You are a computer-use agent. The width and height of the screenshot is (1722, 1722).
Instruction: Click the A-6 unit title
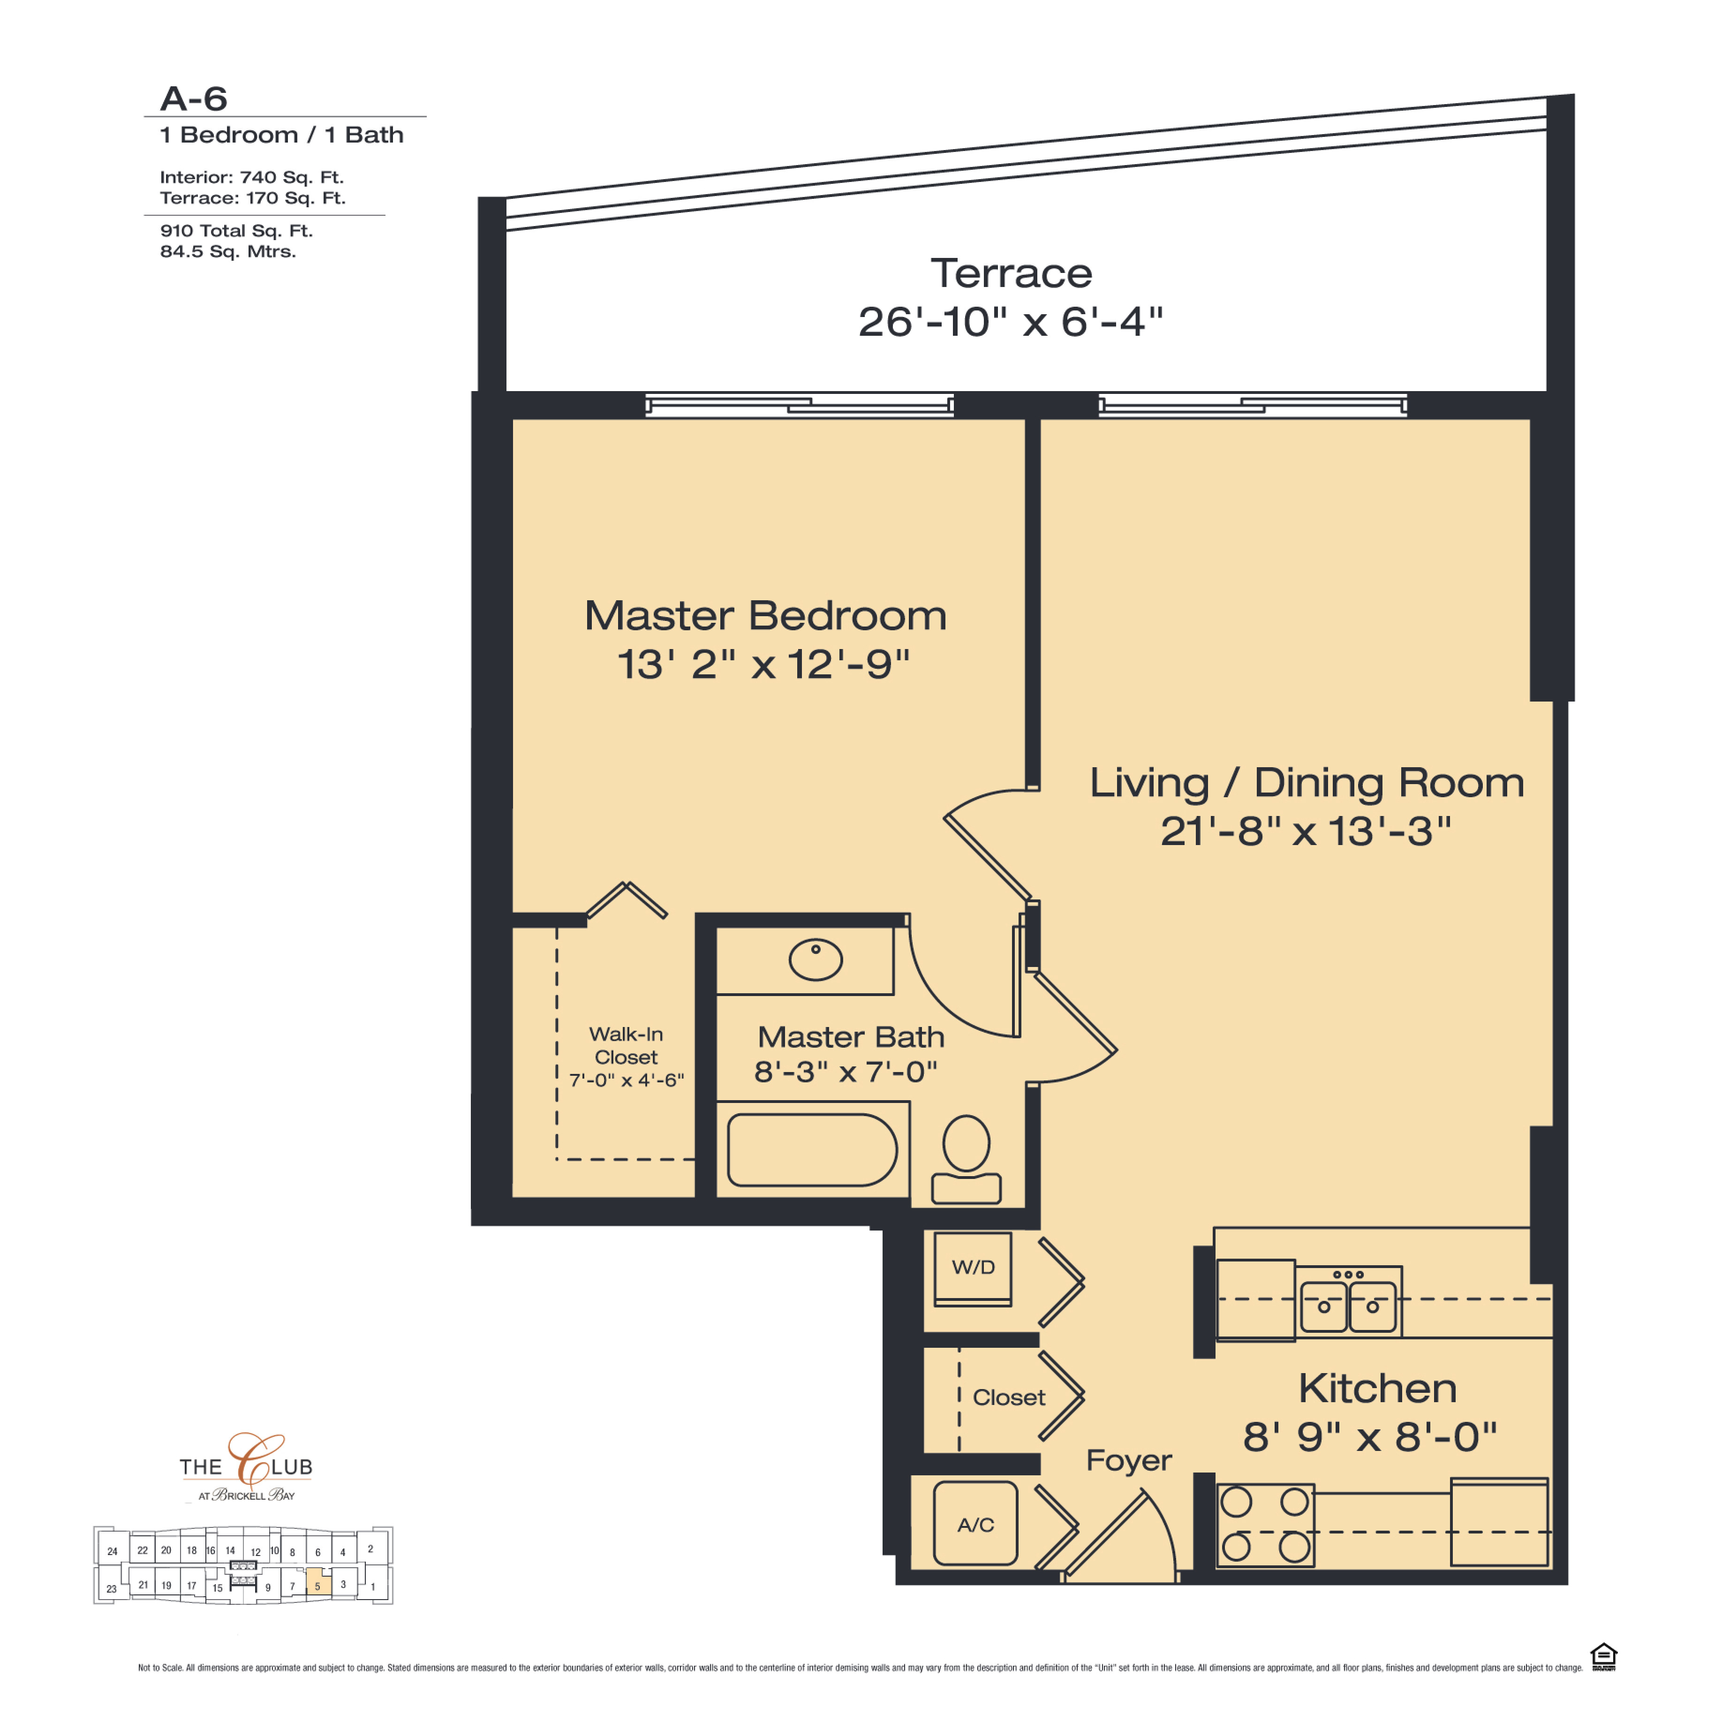[x=193, y=99]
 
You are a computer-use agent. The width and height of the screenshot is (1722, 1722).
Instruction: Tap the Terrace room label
[x=1011, y=273]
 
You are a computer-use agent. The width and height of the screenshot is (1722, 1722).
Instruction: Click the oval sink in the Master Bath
[x=816, y=960]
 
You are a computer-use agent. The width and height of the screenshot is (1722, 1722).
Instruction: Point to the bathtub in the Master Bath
[x=812, y=1150]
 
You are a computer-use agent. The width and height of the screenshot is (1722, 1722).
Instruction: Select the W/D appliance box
[x=973, y=1269]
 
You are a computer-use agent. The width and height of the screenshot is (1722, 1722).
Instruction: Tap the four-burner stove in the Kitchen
[x=1265, y=1525]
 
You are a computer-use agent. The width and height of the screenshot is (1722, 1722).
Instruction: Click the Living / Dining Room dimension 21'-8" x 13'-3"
[x=1306, y=831]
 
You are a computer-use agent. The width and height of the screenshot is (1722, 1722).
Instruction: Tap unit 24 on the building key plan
[x=112, y=1551]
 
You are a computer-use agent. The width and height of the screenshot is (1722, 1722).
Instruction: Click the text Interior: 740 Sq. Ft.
[x=251, y=177]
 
